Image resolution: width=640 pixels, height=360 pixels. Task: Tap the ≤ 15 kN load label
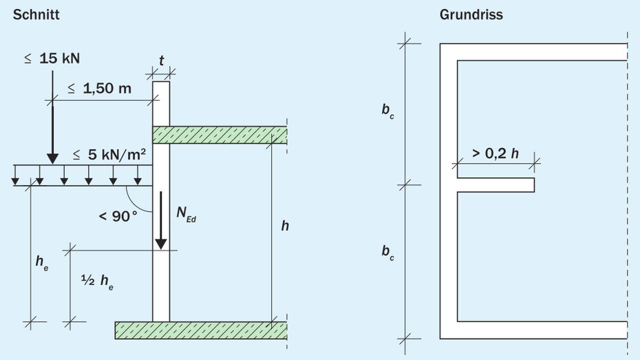click(52, 59)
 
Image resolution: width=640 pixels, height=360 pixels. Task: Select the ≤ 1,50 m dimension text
click(99, 89)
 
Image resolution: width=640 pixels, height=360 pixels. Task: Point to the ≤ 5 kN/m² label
click(107, 154)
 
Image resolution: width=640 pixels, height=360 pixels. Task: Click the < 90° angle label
click(118, 215)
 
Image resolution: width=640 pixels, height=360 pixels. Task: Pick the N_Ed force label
click(186, 214)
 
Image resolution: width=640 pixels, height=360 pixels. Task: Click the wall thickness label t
click(161, 61)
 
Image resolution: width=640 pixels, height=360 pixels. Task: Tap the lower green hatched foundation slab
click(201, 330)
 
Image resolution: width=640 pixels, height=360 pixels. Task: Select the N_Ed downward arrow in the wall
click(160, 220)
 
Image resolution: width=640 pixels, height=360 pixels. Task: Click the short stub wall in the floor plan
click(495, 184)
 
